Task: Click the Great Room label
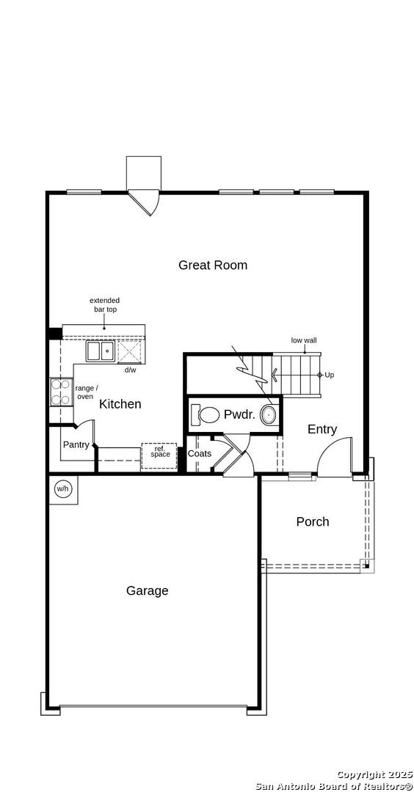pos(213,265)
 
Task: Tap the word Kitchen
pos(120,404)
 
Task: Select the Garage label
pos(147,590)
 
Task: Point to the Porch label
pos(313,522)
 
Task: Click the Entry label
pos(322,429)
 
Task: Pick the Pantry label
pos(76,445)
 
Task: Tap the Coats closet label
pos(199,454)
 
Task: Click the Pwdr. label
pos(238,414)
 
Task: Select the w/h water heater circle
pos(62,489)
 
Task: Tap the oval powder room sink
pos(269,414)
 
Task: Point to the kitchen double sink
pos(100,351)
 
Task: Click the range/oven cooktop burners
pos(61,392)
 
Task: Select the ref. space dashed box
pos(159,457)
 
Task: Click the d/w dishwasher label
pos(131,370)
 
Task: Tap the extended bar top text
pos(105,304)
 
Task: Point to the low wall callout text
pos(304,340)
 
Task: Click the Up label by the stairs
pos(329,375)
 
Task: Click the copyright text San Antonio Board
pos(334,786)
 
